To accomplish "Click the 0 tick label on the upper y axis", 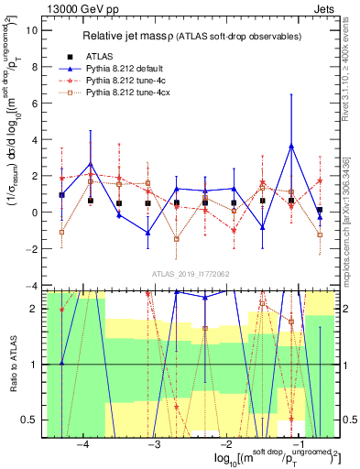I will pyautogui.click(x=34, y=213).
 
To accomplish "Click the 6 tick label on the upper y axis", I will pyautogui.click(x=34, y=104).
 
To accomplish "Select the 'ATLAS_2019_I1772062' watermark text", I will pyautogui.click(x=190, y=274).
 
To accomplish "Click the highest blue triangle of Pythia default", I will pyautogui.click(x=291, y=146).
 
